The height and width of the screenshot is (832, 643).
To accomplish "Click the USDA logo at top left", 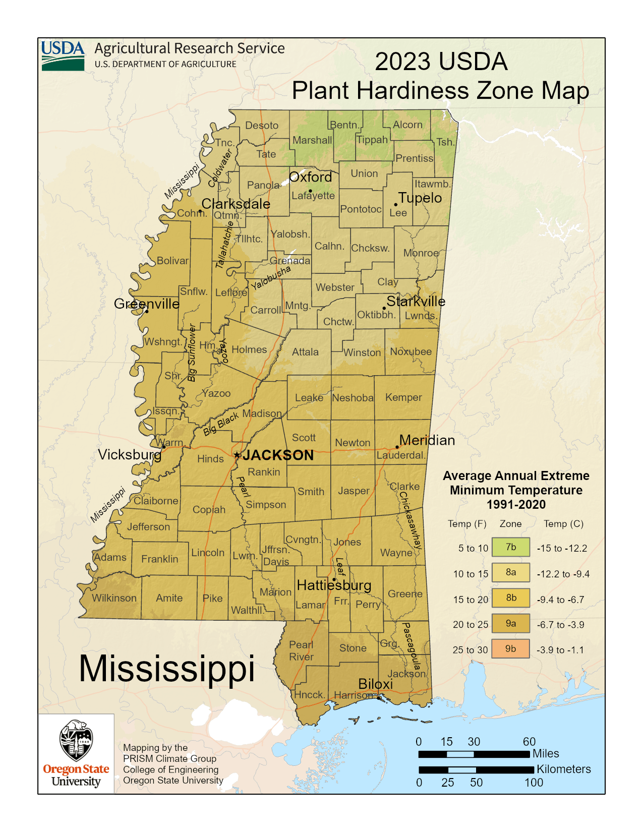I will (x=63, y=55).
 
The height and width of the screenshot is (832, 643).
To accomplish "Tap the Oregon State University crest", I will (x=76, y=740).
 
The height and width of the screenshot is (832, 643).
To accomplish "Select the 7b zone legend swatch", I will (x=511, y=547).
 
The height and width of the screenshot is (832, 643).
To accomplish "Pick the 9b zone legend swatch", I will (x=511, y=649).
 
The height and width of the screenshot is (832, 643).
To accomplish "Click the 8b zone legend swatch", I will (x=511, y=598).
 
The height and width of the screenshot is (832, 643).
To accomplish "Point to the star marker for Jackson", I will (x=237, y=455).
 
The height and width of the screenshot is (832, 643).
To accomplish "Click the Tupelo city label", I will (x=420, y=198).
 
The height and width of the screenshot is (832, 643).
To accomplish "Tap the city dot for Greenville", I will (x=147, y=311).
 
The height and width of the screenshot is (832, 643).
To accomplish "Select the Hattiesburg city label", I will (x=334, y=585).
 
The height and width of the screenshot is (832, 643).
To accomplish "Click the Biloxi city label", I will (x=375, y=684).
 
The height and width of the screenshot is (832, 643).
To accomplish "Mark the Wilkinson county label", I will (x=114, y=598).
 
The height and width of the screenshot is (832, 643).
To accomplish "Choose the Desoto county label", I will (x=262, y=126).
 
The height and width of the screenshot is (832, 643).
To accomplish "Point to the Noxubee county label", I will (x=411, y=351).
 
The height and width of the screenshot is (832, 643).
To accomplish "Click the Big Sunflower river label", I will (x=192, y=353).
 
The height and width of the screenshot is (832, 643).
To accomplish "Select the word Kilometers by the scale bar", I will (x=563, y=769).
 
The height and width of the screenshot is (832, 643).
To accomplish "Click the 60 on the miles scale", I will (x=529, y=742).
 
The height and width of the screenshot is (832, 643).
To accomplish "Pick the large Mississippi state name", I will (x=166, y=669).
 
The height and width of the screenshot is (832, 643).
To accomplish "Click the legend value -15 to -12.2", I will (x=562, y=548).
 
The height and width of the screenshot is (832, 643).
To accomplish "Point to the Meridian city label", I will (x=427, y=440).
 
